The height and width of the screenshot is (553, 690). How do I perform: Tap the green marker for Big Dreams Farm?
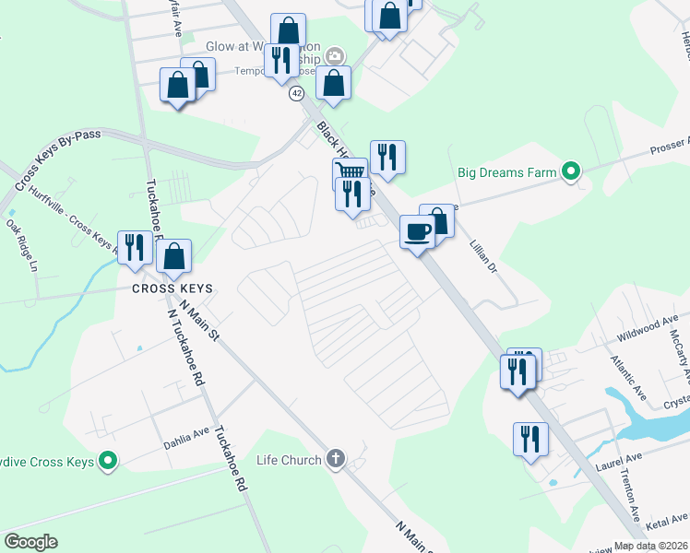tap(571, 171)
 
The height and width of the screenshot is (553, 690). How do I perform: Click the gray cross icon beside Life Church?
tap(336, 459)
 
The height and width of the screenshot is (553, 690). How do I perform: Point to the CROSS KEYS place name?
tap(172, 288)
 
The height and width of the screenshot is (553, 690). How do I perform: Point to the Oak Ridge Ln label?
tap(20, 244)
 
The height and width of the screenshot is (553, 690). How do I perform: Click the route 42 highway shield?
tap(296, 94)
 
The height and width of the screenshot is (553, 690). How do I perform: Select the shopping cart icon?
tap(350, 172)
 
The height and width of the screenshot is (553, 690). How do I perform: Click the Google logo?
tap(30, 542)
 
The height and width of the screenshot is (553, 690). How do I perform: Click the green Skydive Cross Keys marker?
tap(108, 461)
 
